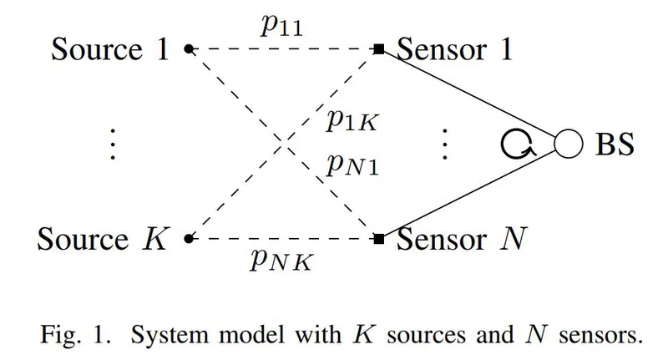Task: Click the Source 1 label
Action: pos(110,49)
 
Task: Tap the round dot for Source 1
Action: pos(189,49)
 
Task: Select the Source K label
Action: pos(104,239)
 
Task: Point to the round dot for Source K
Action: pos(189,239)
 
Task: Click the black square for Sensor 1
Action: pos(379,49)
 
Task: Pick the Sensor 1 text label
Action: pos(454,49)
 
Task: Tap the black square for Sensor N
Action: pos(379,239)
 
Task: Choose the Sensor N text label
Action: pos(462,239)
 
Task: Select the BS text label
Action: pos(615,144)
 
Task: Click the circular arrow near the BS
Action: pos(503,144)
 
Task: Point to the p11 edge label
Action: pos(281,27)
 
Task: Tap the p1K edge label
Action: pos(352,120)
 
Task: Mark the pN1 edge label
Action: pos(352,165)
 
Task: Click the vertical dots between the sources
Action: pos(113,144)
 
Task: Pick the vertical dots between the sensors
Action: pos(445,144)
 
